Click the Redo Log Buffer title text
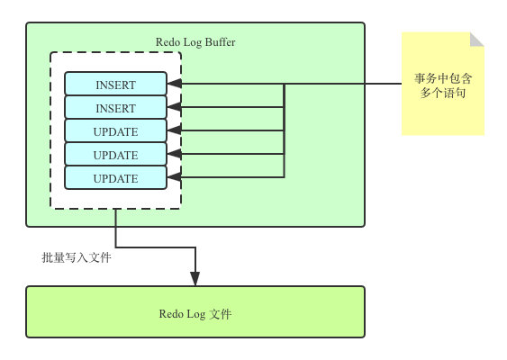195,42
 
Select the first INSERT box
116,84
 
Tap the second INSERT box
116,107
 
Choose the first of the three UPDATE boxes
116,130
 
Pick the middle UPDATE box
116,154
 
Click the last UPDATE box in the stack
116,177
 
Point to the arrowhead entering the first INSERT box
175,84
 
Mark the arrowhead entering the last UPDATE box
175,177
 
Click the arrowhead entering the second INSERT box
175,107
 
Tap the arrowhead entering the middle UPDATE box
175,154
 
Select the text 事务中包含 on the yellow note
443,78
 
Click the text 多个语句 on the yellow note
443,93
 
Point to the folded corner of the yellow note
476,40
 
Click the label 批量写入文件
77,257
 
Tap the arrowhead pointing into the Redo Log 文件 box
195,279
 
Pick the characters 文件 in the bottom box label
221,314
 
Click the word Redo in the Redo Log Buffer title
167,42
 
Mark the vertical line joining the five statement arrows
284,130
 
